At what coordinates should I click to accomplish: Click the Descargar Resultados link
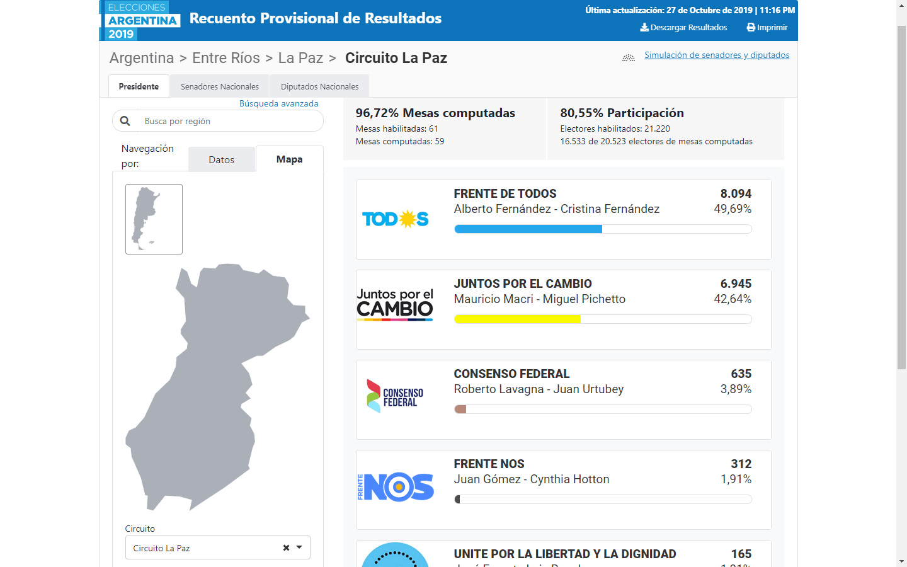click(683, 28)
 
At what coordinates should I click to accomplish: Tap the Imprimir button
click(767, 28)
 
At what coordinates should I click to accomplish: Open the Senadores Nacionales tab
click(219, 87)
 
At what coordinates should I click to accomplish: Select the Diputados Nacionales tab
click(319, 87)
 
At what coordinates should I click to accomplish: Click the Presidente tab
click(139, 87)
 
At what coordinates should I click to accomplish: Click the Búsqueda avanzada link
click(278, 104)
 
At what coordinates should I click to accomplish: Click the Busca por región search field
click(227, 121)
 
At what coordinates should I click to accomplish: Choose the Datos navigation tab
click(221, 160)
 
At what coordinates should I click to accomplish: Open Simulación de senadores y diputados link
click(717, 55)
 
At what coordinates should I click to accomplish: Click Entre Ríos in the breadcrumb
click(226, 58)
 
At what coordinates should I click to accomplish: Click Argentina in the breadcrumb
click(142, 58)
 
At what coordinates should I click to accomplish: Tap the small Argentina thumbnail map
click(154, 219)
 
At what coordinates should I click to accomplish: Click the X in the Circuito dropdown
click(286, 548)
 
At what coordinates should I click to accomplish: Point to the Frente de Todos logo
click(395, 219)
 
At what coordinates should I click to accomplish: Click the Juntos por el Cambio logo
click(395, 304)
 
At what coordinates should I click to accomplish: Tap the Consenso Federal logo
click(395, 396)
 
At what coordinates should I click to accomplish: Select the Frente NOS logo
click(395, 487)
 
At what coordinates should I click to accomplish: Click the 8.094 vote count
click(736, 194)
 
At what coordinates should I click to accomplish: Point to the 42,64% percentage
click(732, 299)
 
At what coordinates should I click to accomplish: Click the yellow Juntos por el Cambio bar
click(516, 319)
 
